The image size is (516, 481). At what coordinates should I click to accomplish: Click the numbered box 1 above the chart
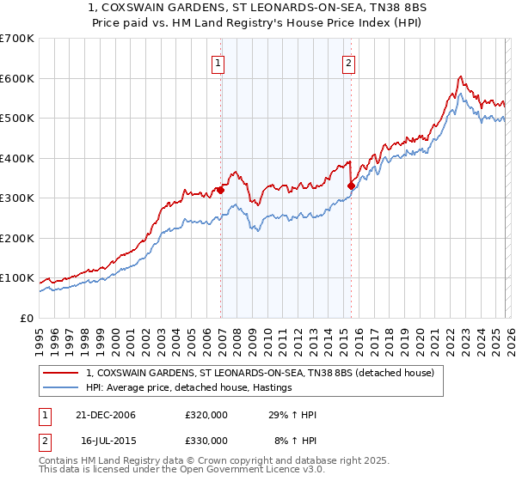click(218, 62)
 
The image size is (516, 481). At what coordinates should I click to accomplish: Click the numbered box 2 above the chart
click(349, 62)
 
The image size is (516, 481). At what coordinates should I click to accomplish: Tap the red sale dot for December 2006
click(221, 191)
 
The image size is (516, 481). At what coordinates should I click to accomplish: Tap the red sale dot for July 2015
click(351, 186)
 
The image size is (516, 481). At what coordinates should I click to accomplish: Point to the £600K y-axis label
click(16, 78)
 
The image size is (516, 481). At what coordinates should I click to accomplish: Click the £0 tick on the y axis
click(27, 318)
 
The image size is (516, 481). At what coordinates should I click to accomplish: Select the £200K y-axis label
click(16, 238)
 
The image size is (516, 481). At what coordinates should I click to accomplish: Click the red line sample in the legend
click(61, 373)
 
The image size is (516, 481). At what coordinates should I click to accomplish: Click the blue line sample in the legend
click(61, 388)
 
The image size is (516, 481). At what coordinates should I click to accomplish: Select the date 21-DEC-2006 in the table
click(104, 415)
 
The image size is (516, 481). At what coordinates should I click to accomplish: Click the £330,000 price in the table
click(206, 440)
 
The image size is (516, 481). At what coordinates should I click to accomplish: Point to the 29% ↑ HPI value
click(294, 415)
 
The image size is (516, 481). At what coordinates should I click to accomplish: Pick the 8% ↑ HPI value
click(294, 440)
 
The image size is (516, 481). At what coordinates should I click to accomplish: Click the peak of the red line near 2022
click(460, 76)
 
